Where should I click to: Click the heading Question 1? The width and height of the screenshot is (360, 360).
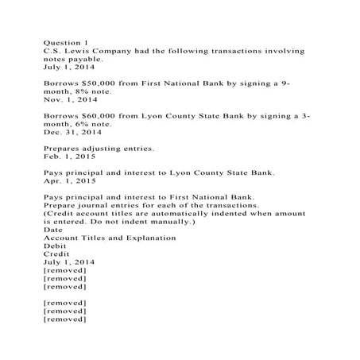tap(65, 41)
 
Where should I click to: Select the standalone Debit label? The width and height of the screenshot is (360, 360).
tap(55, 246)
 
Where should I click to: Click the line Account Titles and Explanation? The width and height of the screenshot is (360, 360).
tap(110, 238)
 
